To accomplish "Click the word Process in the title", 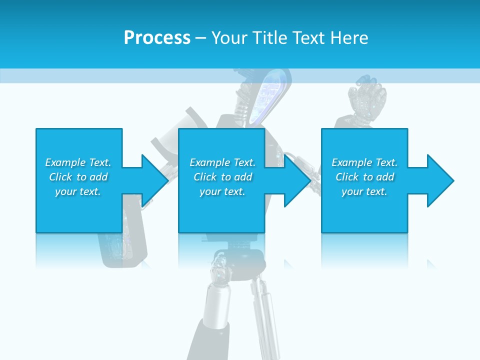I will [157, 38].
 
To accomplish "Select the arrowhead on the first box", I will [152, 180].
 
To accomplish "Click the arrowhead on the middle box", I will [295, 180].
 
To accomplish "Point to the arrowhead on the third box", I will [438, 180].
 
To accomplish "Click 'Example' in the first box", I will [65, 162].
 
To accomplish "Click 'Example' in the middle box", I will [210, 162].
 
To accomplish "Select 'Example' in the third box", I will [352, 162].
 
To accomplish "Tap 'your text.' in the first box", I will [78, 191].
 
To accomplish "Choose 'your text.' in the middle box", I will [222, 191].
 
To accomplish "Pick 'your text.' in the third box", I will [364, 191].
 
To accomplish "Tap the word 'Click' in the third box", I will [347, 177].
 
